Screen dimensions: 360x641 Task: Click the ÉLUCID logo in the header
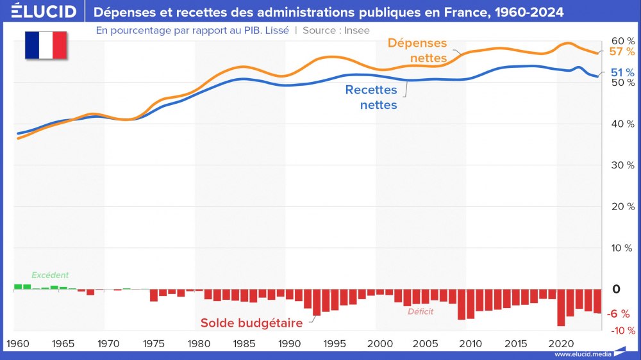click(44, 12)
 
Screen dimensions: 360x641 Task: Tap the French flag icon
click(46, 45)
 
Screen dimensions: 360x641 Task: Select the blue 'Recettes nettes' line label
click(371, 97)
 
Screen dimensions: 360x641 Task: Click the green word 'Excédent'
click(50, 275)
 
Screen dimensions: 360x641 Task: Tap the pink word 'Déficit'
click(420, 312)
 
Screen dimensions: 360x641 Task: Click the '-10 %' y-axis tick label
click(621, 331)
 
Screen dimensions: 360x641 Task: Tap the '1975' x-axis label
click(154, 343)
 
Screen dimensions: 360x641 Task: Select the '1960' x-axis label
click(18, 343)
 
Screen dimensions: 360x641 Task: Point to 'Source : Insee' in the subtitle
click(336, 30)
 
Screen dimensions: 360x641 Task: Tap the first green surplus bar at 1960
click(18, 286)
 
